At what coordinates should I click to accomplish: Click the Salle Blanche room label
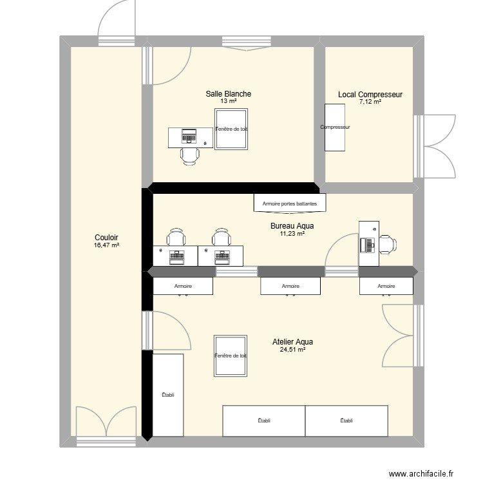tap(228, 93)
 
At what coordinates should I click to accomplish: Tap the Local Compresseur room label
tap(370, 95)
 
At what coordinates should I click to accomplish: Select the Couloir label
tap(106, 238)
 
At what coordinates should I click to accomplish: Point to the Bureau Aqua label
tap(292, 226)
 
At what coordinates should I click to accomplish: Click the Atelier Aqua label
tap(292, 341)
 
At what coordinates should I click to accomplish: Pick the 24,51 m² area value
tap(292, 350)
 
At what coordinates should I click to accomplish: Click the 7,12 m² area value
tap(370, 102)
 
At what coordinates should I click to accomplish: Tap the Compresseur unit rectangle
tap(335, 128)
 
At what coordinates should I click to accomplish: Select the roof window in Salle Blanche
tap(231, 129)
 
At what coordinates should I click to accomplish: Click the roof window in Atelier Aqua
tap(231, 355)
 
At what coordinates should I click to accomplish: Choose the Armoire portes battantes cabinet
tap(290, 203)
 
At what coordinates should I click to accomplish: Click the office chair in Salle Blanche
tap(189, 156)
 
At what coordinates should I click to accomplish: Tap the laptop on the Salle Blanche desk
tap(189, 136)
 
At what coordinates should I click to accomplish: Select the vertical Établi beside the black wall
tap(168, 395)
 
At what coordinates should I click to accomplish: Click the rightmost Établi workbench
tap(346, 421)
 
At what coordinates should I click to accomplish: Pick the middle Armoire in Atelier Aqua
tap(290, 286)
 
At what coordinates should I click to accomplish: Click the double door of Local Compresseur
tap(434, 146)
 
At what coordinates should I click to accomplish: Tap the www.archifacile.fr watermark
tap(421, 474)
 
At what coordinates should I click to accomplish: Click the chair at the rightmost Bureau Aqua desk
tap(388, 245)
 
